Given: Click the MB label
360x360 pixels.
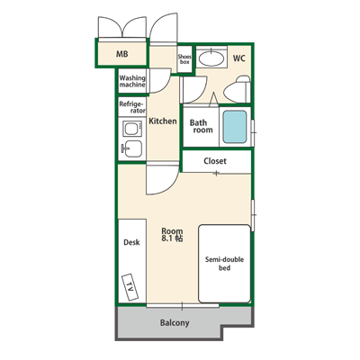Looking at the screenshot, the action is [122, 54].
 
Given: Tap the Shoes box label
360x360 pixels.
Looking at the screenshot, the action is [184, 59].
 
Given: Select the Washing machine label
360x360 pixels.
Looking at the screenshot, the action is [132, 81].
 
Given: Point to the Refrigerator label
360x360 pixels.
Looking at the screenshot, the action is [132, 107].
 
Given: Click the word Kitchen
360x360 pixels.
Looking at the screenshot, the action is [163, 121].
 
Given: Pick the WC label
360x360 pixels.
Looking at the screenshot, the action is [239, 58].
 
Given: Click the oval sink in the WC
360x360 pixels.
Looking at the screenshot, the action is [211, 58].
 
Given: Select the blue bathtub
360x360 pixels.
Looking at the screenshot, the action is [235, 127].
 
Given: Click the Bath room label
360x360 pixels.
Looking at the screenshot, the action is [201, 126].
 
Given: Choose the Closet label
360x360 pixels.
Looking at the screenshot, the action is [215, 161].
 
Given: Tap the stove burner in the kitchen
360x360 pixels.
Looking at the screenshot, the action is [132, 130].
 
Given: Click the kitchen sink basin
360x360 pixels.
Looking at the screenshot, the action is [132, 148].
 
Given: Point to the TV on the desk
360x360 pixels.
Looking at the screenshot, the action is [130, 287].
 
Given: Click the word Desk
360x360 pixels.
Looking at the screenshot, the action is [131, 242].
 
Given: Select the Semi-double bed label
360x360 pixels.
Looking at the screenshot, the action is [224, 264].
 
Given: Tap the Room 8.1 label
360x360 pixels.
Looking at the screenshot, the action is [172, 235].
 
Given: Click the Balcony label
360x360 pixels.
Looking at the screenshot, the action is [175, 323].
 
